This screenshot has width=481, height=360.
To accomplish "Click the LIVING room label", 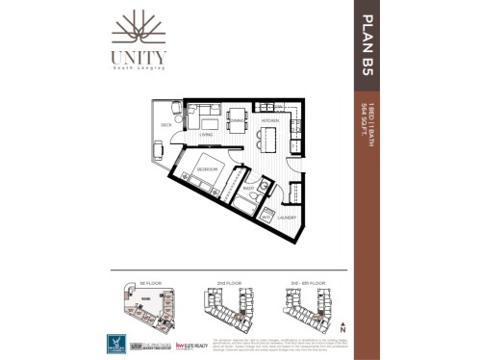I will click(x=205, y=135).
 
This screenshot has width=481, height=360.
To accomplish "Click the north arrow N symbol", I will click(x=341, y=329).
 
